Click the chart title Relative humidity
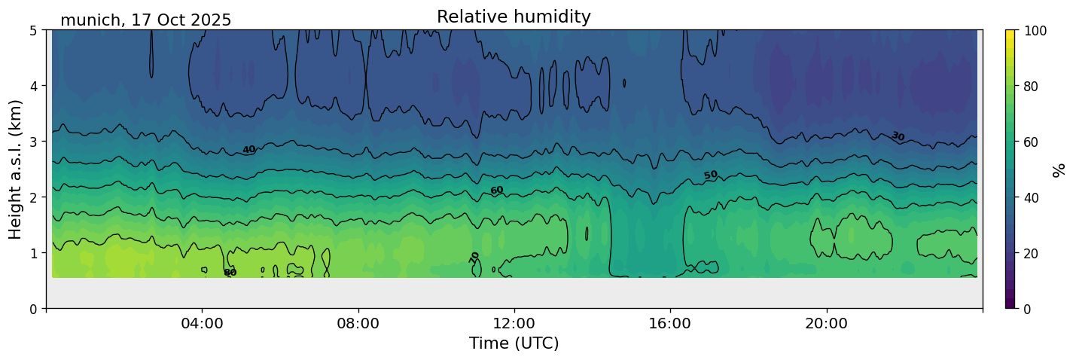[514, 17]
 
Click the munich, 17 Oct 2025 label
[146, 20]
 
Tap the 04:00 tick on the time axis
[203, 324]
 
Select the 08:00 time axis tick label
[358, 324]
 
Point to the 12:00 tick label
[514, 324]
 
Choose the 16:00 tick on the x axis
[670, 324]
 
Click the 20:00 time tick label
[827, 324]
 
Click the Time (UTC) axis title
[514, 343]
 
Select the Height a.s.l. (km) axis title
[16, 169]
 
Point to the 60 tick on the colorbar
[1031, 142]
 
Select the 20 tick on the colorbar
[1031, 253]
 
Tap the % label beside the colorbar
[1059, 170]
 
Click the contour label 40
[249, 150]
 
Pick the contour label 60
[497, 191]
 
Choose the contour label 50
[711, 175]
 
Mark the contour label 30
[898, 136]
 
